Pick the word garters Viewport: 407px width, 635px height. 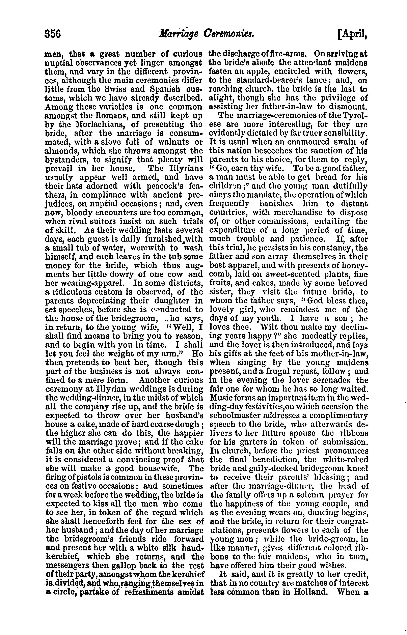[x=250, y=442]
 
